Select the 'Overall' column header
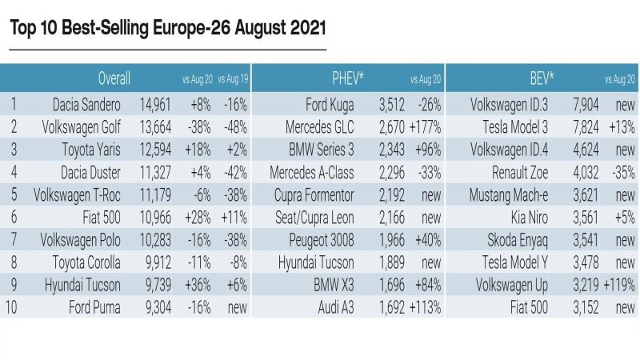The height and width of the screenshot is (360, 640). pyautogui.click(x=114, y=78)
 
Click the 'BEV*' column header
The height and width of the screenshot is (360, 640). pyautogui.click(x=541, y=78)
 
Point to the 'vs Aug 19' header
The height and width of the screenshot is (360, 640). pyautogui.click(x=232, y=79)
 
